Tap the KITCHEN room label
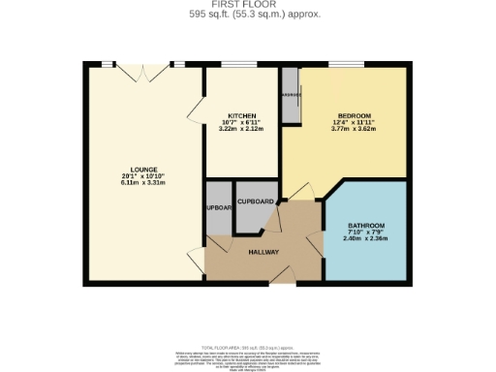pyautogui.click(x=241, y=115)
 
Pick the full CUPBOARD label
pyautogui.click(x=257, y=201)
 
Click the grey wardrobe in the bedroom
pyautogui.click(x=290, y=96)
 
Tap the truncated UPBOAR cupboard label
pyautogui.click(x=219, y=208)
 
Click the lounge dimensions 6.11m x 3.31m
pyautogui.click(x=144, y=182)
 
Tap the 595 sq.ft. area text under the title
pyautogui.click(x=247, y=15)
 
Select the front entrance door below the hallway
pyautogui.click(x=282, y=277)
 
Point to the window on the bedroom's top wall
pyautogui.click(x=346, y=65)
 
